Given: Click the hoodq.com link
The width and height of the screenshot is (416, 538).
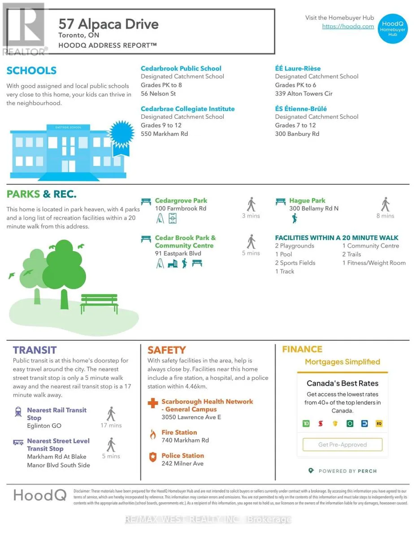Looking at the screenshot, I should [x=348, y=26].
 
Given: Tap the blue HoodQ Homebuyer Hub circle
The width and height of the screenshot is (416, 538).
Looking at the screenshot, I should [x=392, y=28].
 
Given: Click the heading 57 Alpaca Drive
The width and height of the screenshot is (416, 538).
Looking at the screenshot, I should [x=108, y=24].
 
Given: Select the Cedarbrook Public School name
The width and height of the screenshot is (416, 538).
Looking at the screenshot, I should [x=181, y=69].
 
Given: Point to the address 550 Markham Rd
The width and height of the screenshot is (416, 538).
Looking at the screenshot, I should [x=165, y=134].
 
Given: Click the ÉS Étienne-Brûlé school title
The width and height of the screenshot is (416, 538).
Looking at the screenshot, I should [x=301, y=109].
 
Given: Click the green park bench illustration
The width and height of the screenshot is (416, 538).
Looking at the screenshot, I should [x=99, y=304].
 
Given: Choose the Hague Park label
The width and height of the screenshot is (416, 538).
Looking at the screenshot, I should [x=307, y=201].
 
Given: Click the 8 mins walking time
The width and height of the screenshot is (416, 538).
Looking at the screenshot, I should [x=385, y=216].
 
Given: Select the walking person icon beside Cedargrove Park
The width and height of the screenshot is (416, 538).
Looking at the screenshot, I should [x=251, y=204].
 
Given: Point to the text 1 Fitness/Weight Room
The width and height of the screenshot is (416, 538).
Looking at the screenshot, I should [x=374, y=263].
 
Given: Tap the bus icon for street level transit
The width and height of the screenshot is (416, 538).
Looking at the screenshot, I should [x=18, y=442].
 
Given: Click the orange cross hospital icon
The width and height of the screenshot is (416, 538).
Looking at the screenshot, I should [x=153, y=403].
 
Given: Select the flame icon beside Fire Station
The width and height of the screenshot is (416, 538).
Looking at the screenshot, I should [x=153, y=434].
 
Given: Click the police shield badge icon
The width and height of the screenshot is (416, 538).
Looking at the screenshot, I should [x=153, y=457].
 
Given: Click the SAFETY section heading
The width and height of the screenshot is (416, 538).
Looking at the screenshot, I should [x=166, y=350].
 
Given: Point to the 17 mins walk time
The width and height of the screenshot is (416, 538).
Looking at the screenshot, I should [x=111, y=425].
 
